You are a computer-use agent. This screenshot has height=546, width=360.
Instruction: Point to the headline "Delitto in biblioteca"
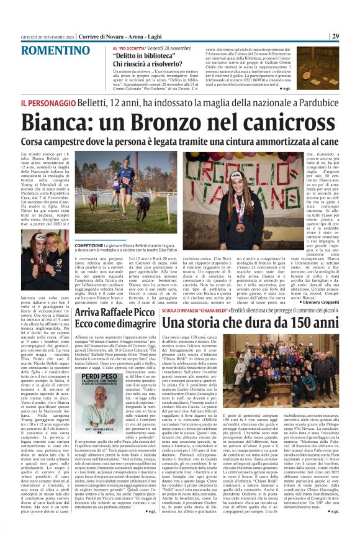[142, 55]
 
